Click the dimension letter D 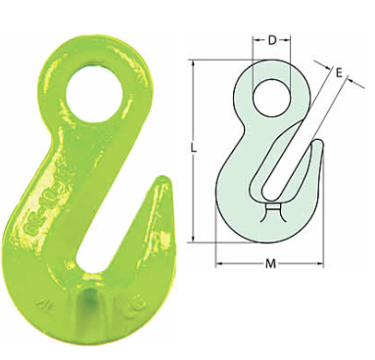coord(272,40)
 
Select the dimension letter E coord(339,72)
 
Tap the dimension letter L coord(194,149)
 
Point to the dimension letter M coord(270,263)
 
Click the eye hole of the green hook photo coord(94,95)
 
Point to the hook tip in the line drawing coord(319,142)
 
